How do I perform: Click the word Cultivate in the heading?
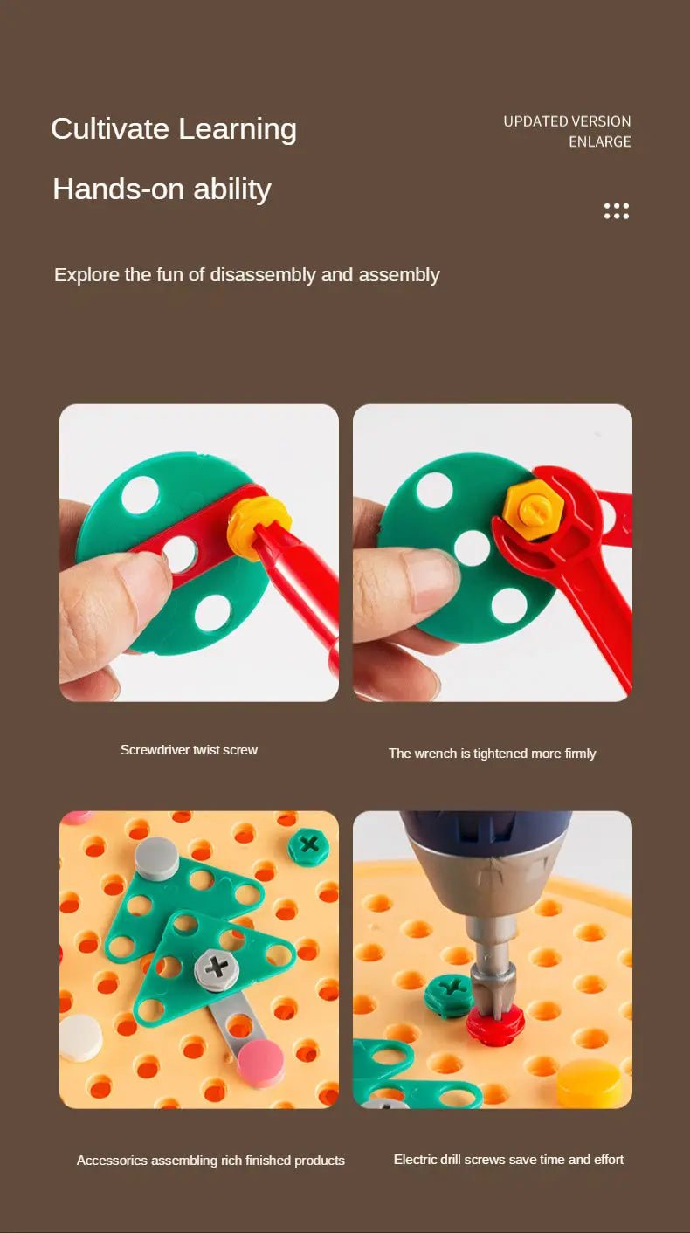(110, 129)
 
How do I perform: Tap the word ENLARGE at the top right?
(600, 142)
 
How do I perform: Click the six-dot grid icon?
(617, 210)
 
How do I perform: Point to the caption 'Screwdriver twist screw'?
(189, 750)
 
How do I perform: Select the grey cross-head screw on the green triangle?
(217, 968)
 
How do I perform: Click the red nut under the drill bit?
(494, 1023)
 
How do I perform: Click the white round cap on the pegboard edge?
(81, 1037)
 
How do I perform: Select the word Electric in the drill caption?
(413, 1159)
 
